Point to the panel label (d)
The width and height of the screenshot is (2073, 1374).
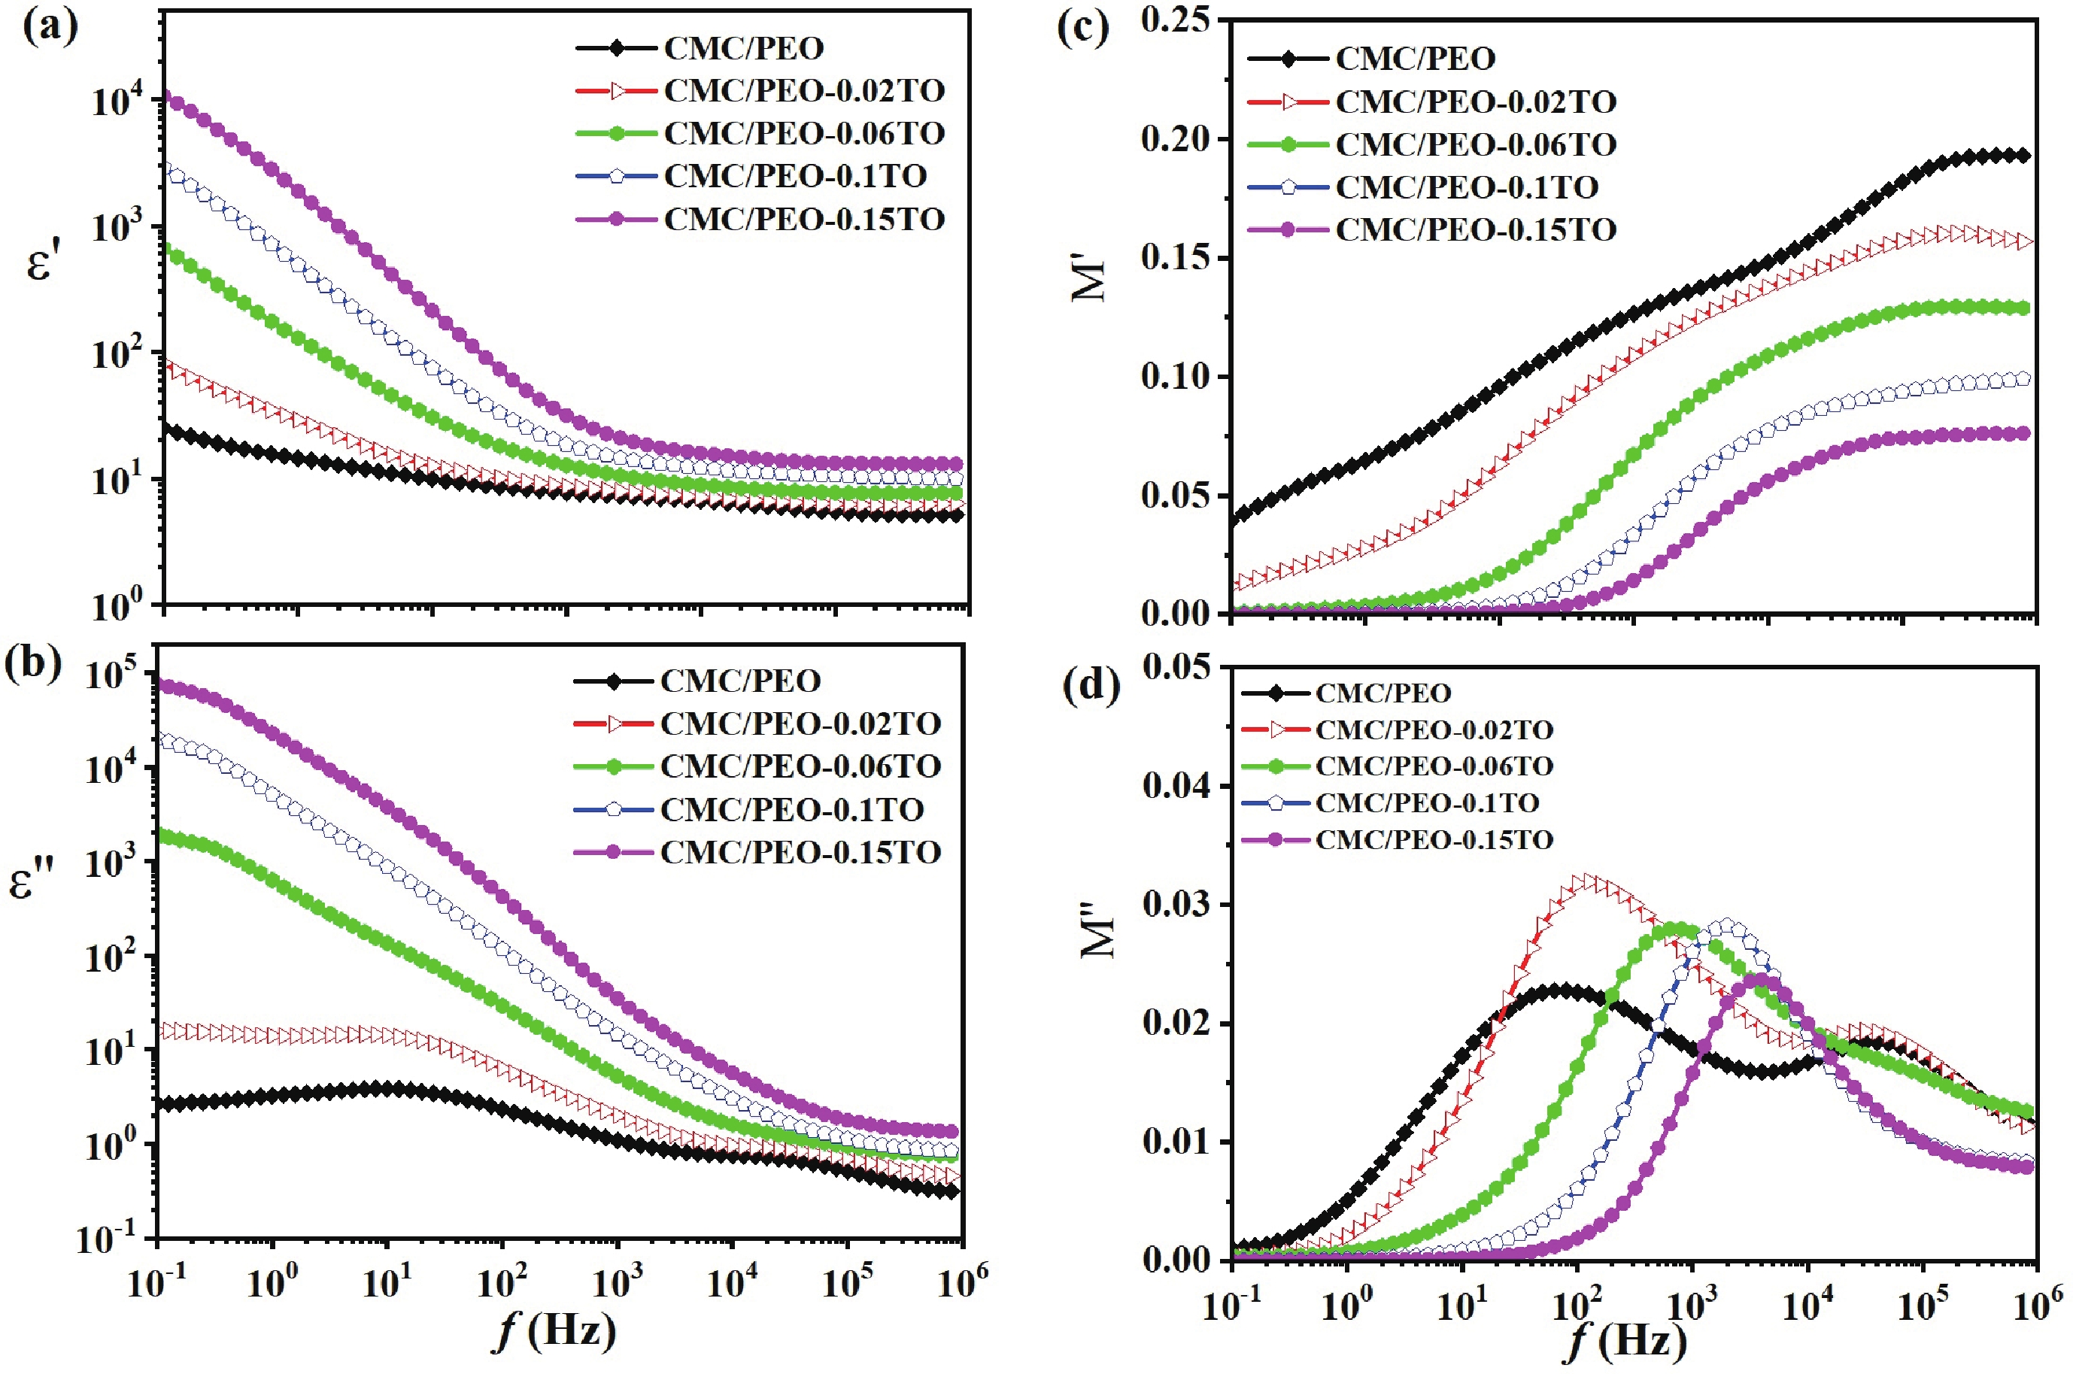[x=1090, y=685]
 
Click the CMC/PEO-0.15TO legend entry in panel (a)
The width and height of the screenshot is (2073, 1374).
[x=803, y=219]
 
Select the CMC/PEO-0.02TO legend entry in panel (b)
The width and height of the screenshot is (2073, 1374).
[x=800, y=723]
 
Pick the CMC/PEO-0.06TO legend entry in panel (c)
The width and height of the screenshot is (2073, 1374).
[x=1476, y=144]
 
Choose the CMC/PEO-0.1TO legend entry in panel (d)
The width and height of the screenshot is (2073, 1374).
[x=1426, y=802]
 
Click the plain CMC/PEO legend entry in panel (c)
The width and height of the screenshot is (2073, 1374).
[x=1415, y=59]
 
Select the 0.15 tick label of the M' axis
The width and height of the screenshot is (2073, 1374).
[x=1179, y=258]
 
